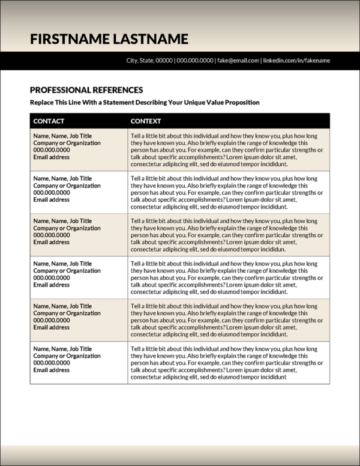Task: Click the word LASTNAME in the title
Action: coord(150,40)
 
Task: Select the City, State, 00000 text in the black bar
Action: coord(149,61)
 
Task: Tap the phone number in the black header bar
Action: coord(195,61)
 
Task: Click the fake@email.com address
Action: coord(238,61)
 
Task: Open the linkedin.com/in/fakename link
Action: coord(297,61)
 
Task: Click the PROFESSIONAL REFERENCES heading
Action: coord(86,90)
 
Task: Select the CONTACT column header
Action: coord(49,121)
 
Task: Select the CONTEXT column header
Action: coord(146,121)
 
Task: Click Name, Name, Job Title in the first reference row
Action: coord(62,136)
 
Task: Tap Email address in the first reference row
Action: coord(51,157)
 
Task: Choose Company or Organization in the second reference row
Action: coord(67,186)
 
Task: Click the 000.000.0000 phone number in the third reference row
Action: coord(52,235)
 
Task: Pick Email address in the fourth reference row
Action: coord(51,285)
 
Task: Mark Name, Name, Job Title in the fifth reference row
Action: coord(62,306)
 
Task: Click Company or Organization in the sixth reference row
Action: coord(67,356)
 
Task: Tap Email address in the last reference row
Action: coord(51,371)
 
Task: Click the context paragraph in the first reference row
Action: coord(226,150)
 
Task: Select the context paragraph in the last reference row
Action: coord(226,363)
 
